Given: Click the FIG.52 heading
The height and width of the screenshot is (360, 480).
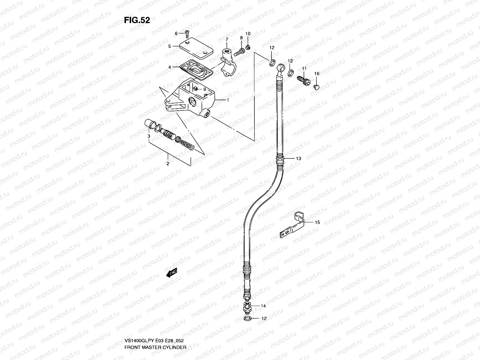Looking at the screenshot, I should tap(137, 20).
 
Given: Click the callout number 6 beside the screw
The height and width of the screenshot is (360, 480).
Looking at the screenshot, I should tap(176, 33).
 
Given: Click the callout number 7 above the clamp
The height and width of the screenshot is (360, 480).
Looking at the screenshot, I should tap(227, 39).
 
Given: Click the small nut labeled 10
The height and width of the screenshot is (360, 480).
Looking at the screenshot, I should tap(248, 47).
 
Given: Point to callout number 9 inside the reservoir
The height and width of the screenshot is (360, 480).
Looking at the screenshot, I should tap(204, 89).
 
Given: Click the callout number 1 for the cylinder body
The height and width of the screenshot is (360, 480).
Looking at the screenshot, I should tap(228, 100).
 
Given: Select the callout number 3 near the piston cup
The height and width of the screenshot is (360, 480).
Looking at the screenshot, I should tap(149, 136).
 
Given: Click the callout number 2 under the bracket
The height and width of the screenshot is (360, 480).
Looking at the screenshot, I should tap(168, 163).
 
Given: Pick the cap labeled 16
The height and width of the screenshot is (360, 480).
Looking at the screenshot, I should tap(316, 87).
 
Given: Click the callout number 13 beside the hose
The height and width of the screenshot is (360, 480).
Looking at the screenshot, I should tap(298, 158).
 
